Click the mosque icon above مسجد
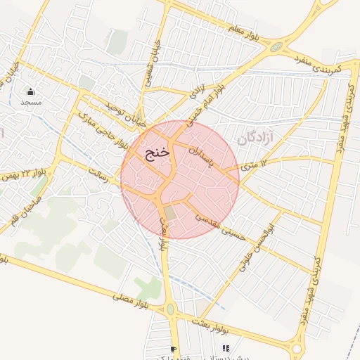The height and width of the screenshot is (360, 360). click(30, 92)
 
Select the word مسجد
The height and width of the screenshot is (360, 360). click(30, 103)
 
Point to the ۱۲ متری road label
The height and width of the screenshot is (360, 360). click(255, 165)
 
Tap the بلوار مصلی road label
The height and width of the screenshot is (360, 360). click(137, 302)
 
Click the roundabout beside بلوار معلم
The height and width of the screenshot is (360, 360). click(277, 48)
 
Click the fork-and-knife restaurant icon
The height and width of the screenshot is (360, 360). click(226, 347)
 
